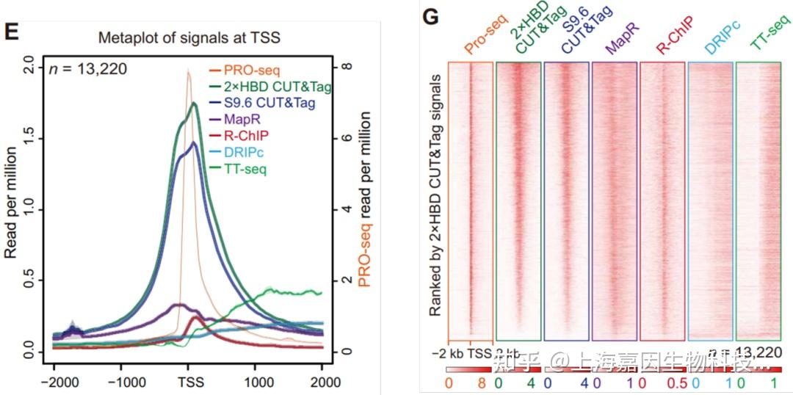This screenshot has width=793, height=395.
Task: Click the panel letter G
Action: [x=433, y=18]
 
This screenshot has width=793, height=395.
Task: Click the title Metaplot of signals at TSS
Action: [x=189, y=39]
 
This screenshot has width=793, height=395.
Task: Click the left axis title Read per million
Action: [x=11, y=202]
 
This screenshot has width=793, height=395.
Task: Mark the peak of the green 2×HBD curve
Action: [x=195, y=104]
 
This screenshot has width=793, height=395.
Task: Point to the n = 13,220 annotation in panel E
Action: [x=88, y=70]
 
